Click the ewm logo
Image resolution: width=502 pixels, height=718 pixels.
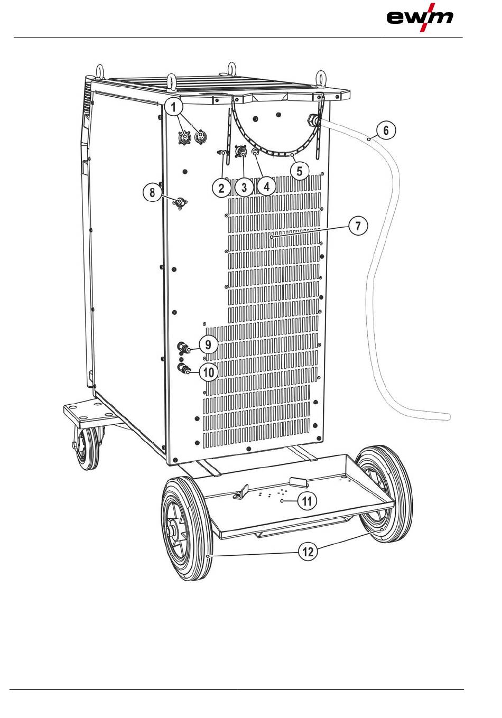click(420, 17)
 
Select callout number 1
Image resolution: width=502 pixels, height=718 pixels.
click(173, 107)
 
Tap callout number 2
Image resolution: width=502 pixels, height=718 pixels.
click(221, 188)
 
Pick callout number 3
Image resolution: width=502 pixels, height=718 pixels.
click(244, 188)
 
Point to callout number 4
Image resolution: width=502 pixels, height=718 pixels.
click(266, 187)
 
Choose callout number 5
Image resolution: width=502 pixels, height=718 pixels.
click(300, 171)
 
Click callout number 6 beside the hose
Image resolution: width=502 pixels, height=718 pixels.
click(386, 130)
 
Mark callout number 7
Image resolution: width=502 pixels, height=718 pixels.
click(358, 226)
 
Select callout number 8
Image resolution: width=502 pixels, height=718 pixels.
click(152, 192)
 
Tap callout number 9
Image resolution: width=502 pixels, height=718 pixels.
click(209, 344)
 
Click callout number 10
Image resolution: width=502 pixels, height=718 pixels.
click(209, 372)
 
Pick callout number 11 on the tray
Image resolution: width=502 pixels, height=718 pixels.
click(308, 500)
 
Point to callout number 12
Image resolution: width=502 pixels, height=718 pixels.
click(308, 552)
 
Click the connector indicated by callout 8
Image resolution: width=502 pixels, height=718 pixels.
click(181, 202)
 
